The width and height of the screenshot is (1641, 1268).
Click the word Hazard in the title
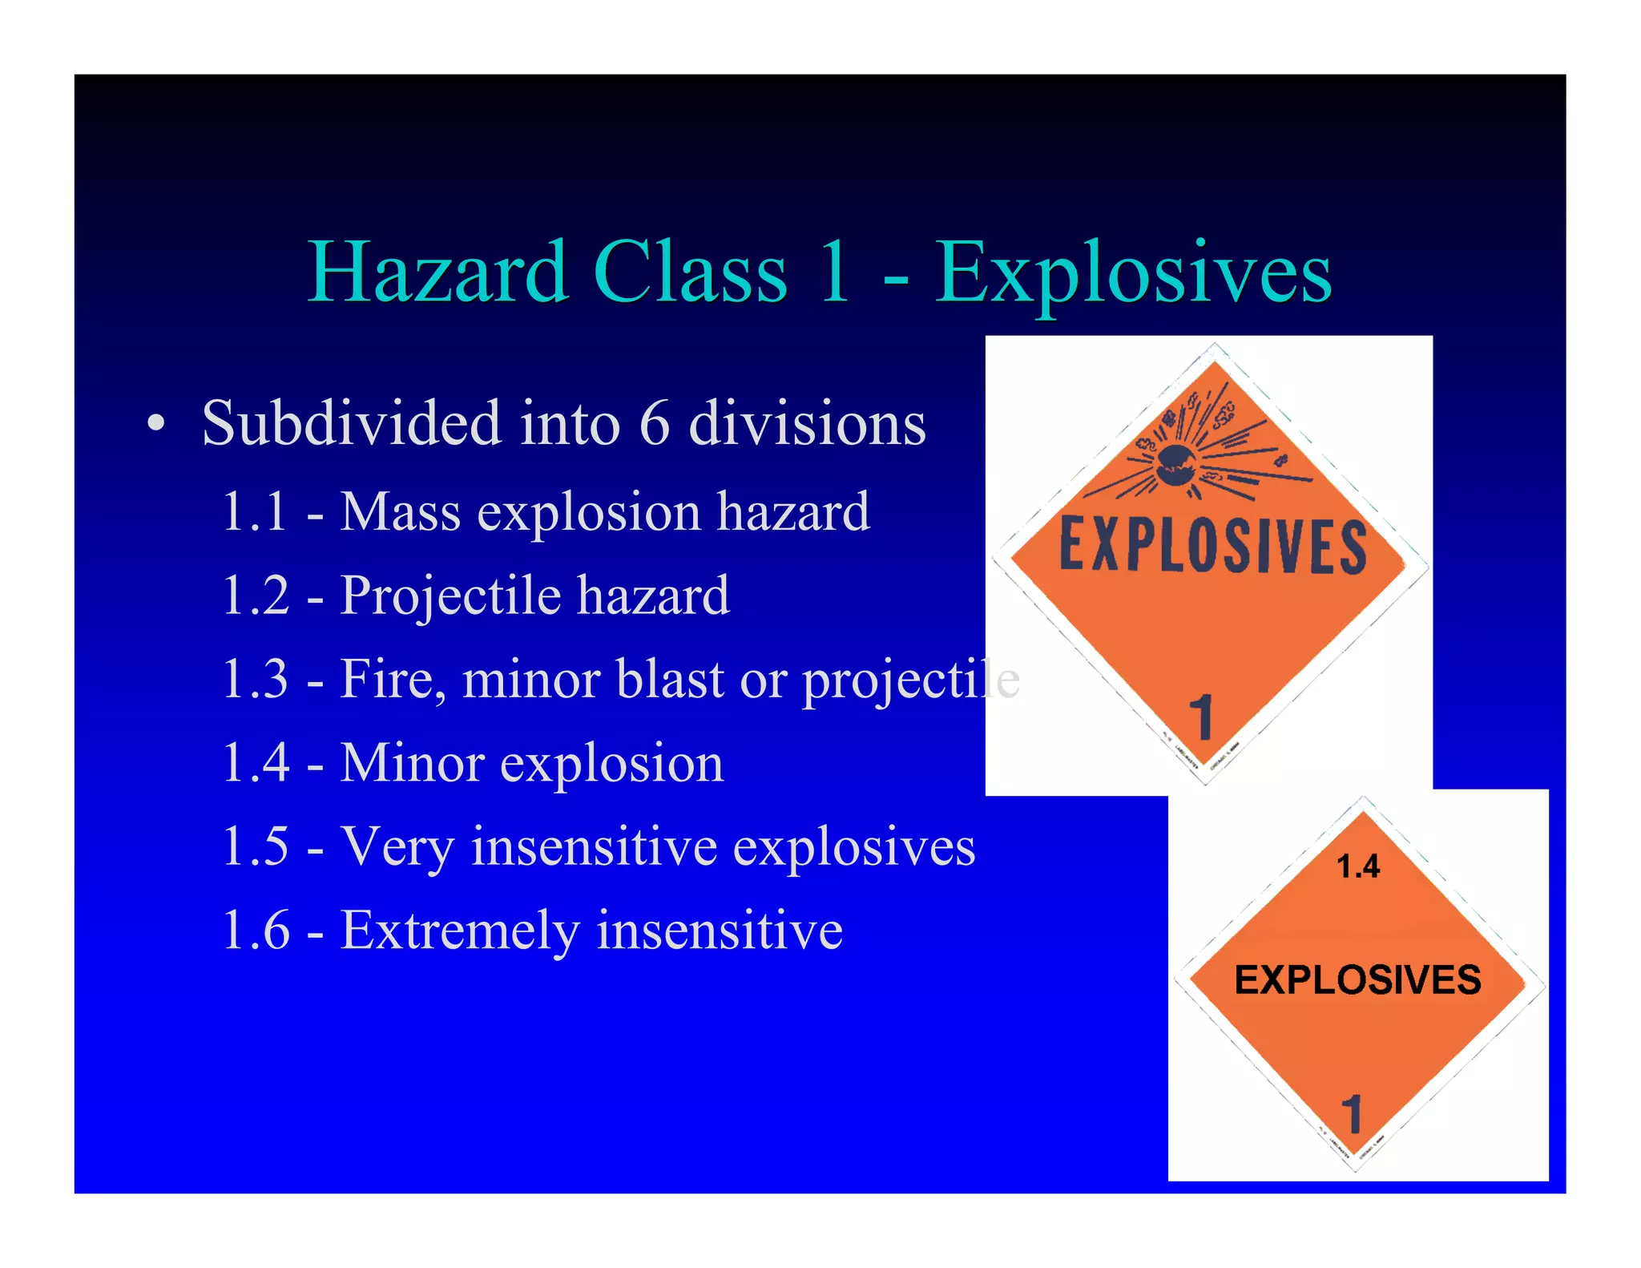437,273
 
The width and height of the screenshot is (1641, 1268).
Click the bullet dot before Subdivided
157,423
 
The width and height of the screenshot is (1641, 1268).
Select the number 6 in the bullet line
654,423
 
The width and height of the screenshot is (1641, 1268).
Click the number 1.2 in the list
255,595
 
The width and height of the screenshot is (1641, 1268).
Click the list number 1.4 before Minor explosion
255,762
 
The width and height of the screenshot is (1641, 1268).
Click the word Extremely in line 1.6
459,931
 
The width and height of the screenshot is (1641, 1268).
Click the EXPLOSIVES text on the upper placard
1213,547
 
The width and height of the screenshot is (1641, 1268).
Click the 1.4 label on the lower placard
1358,866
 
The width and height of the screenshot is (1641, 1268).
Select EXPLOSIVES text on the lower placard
1357,979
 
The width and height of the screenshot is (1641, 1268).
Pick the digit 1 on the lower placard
1352,1113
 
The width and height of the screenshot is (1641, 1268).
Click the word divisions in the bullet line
807,423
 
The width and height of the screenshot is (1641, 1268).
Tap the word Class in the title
690,273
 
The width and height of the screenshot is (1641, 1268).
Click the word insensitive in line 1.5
594,846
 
